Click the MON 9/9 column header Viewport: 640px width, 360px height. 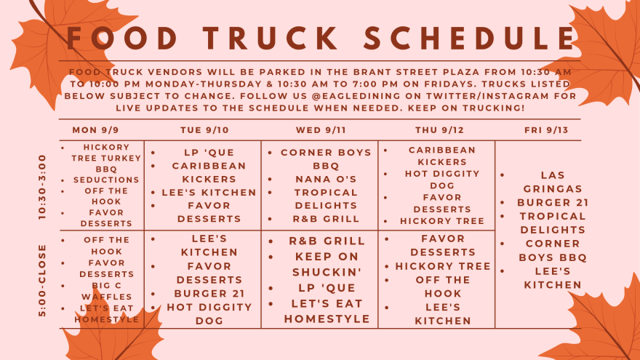click(x=95, y=130)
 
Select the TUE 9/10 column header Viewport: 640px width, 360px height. click(x=204, y=130)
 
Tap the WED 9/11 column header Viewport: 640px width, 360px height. click(x=321, y=130)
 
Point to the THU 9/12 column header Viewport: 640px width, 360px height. click(x=439, y=130)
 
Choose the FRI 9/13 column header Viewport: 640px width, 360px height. click(x=546, y=130)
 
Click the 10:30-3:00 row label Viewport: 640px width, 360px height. click(x=42, y=187)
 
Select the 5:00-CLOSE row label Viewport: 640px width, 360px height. click(x=42, y=281)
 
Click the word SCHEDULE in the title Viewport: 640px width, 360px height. click(x=469, y=38)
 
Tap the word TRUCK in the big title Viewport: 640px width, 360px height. click(x=271, y=38)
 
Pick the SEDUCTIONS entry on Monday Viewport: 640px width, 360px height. click(x=106, y=180)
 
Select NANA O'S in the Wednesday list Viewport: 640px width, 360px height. click(x=326, y=179)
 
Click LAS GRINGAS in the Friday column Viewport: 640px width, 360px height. click(x=553, y=182)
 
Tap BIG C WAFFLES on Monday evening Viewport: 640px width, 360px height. click(x=106, y=291)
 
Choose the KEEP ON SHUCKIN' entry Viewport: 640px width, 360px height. click(x=327, y=265)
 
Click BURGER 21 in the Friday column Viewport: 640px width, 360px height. click(x=553, y=203)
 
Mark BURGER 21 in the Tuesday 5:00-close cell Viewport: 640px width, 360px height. click(x=209, y=294)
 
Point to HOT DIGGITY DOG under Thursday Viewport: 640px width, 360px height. click(x=442, y=180)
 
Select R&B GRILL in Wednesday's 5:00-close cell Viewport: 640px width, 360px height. click(x=327, y=241)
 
